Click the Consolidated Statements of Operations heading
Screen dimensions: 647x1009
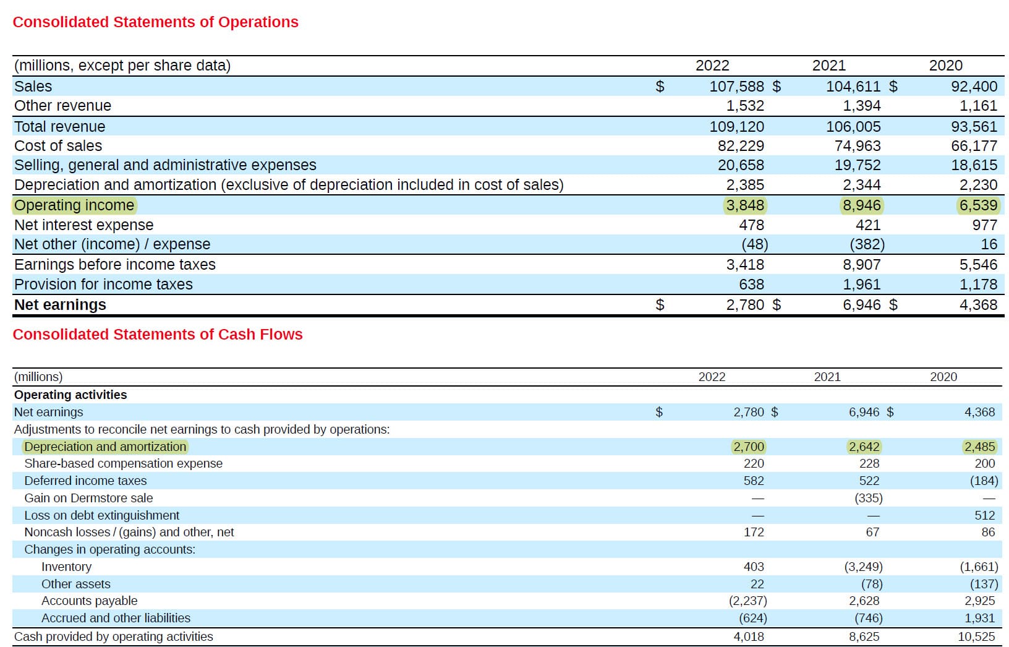click(155, 22)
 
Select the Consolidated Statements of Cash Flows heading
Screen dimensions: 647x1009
click(158, 335)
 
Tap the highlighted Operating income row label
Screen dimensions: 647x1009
click(74, 205)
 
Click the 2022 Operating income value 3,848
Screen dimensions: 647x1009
click(745, 205)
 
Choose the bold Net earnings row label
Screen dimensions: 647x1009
click(60, 305)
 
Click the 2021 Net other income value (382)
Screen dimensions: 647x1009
click(867, 244)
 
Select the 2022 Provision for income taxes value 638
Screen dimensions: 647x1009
click(751, 285)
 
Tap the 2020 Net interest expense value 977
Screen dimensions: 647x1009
click(984, 225)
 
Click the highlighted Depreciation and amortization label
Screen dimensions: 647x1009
click(105, 447)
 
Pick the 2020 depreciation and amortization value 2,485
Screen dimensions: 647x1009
click(979, 447)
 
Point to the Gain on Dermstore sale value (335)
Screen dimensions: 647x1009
click(868, 498)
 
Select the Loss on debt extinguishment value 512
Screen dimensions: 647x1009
click(984, 515)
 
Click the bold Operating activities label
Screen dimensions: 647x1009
click(70, 395)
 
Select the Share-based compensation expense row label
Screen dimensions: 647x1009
click(123, 463)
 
